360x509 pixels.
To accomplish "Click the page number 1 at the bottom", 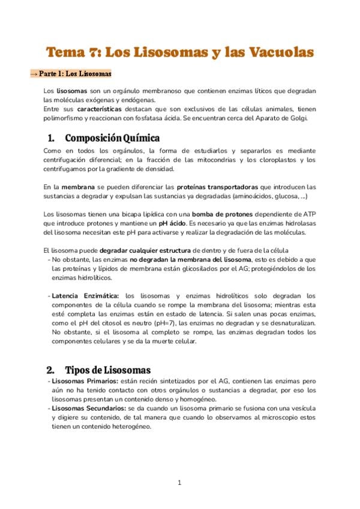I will pyautogui.click(x=179, y=482).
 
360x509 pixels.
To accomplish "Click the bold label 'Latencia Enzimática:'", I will pyautogui.click(x=86, y=296).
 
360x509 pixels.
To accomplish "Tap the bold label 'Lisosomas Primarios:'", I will pyautogui.click(x=85, y=381).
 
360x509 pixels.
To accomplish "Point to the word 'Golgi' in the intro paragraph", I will pyautogui.click(x=295, y=118).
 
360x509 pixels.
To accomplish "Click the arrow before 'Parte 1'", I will pyautogui.click(x=34, y=74).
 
